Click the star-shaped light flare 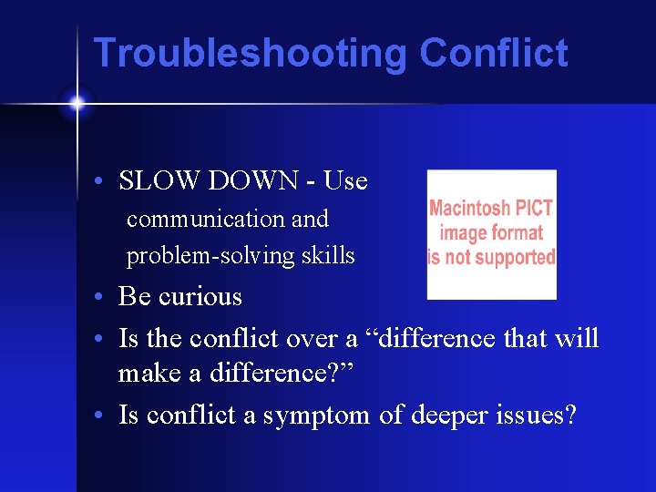(x=77, y=104)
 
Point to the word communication (x=193, y=220)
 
